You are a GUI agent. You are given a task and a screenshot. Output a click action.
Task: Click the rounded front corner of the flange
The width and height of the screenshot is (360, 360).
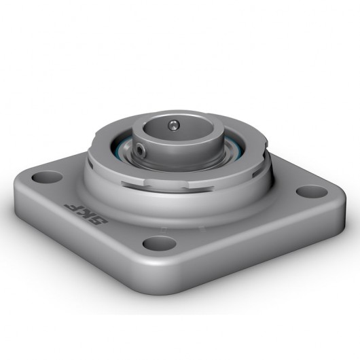(x=163, y=272)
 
